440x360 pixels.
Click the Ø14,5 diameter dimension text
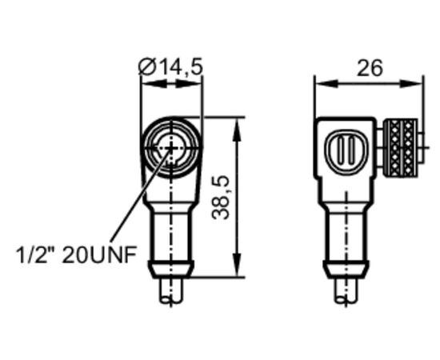[170, 67]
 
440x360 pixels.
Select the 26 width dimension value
[370, 68]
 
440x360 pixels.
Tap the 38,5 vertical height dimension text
[221, 198]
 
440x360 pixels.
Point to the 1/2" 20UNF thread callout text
[76, 254]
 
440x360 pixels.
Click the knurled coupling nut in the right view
[401, 148]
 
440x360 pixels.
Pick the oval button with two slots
[346, 153]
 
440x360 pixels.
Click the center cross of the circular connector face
[171, 147]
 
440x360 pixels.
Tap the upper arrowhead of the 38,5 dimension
[237, 129]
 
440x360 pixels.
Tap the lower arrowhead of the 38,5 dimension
[237, 264]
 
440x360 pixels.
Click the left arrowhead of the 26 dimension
[326, 83]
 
